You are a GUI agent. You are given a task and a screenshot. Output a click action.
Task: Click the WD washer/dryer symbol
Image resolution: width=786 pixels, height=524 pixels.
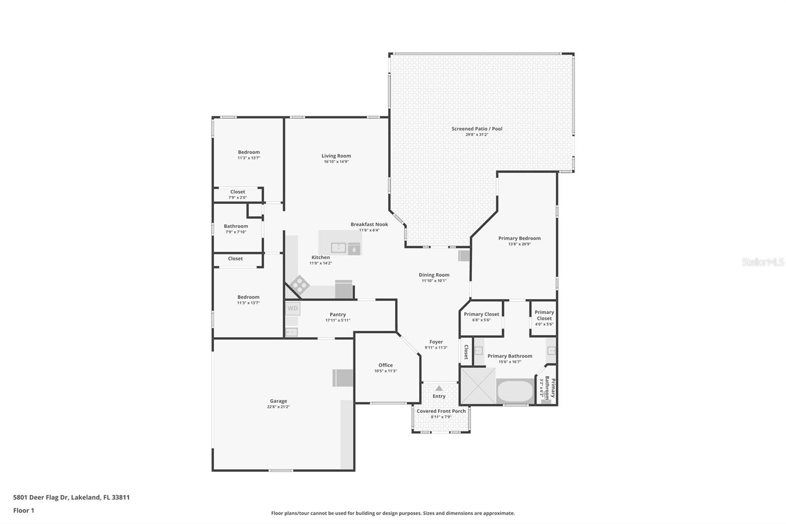pyautogui.click(x=293, y=308)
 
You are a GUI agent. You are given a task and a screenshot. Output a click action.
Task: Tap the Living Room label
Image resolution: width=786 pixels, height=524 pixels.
pyautogui.click(x=336, y=156)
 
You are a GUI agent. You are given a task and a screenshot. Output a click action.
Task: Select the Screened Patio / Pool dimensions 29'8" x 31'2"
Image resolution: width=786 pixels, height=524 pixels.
pyautogui.click(x=477, y=135)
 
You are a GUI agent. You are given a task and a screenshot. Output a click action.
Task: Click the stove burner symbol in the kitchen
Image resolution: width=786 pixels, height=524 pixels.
pyautogui.click(x=300, y=285)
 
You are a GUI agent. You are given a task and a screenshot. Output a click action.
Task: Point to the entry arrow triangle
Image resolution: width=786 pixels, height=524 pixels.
pyautogui.click(x=439, y=388)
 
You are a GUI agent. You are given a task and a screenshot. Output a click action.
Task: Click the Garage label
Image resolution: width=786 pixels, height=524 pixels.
pyautogui.click(x=278, y=401)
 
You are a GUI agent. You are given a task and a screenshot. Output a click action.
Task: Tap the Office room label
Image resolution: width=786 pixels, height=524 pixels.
pyautogui.click(x=385, y=365)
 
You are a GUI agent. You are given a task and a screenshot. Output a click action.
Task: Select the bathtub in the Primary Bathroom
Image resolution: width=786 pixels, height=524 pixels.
pyautogui.click(x=515, y=391)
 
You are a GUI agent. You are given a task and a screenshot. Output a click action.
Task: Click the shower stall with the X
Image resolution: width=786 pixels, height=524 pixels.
pyautogui.click(x=478, y=386)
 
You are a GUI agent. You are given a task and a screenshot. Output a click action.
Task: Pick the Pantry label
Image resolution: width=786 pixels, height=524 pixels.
pyautogui.click(x=337, y=315)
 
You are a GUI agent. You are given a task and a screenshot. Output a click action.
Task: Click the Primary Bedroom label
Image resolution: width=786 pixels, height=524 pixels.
pyautogui.click(x=519, y=238)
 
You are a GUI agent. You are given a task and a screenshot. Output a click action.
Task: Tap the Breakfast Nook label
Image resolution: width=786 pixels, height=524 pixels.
pyautogui.click(x=369, y=225)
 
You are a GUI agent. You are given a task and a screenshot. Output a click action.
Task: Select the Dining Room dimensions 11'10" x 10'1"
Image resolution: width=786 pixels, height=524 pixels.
pyautogui.click(x=434, y=281)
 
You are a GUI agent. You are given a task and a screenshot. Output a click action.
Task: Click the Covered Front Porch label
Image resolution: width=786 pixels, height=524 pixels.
pyautogui.click(x=441, y=411)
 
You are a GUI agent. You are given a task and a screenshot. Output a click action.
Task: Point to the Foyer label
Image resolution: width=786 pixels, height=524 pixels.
pyautogui.click(x=436, y=342)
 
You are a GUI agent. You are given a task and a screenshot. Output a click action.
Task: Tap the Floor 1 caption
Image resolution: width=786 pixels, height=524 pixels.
pyautogui.click(x=24, y=511)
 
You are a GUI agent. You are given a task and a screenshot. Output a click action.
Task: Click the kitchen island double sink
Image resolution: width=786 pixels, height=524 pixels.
pyautogui.click(x=338, y=248)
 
